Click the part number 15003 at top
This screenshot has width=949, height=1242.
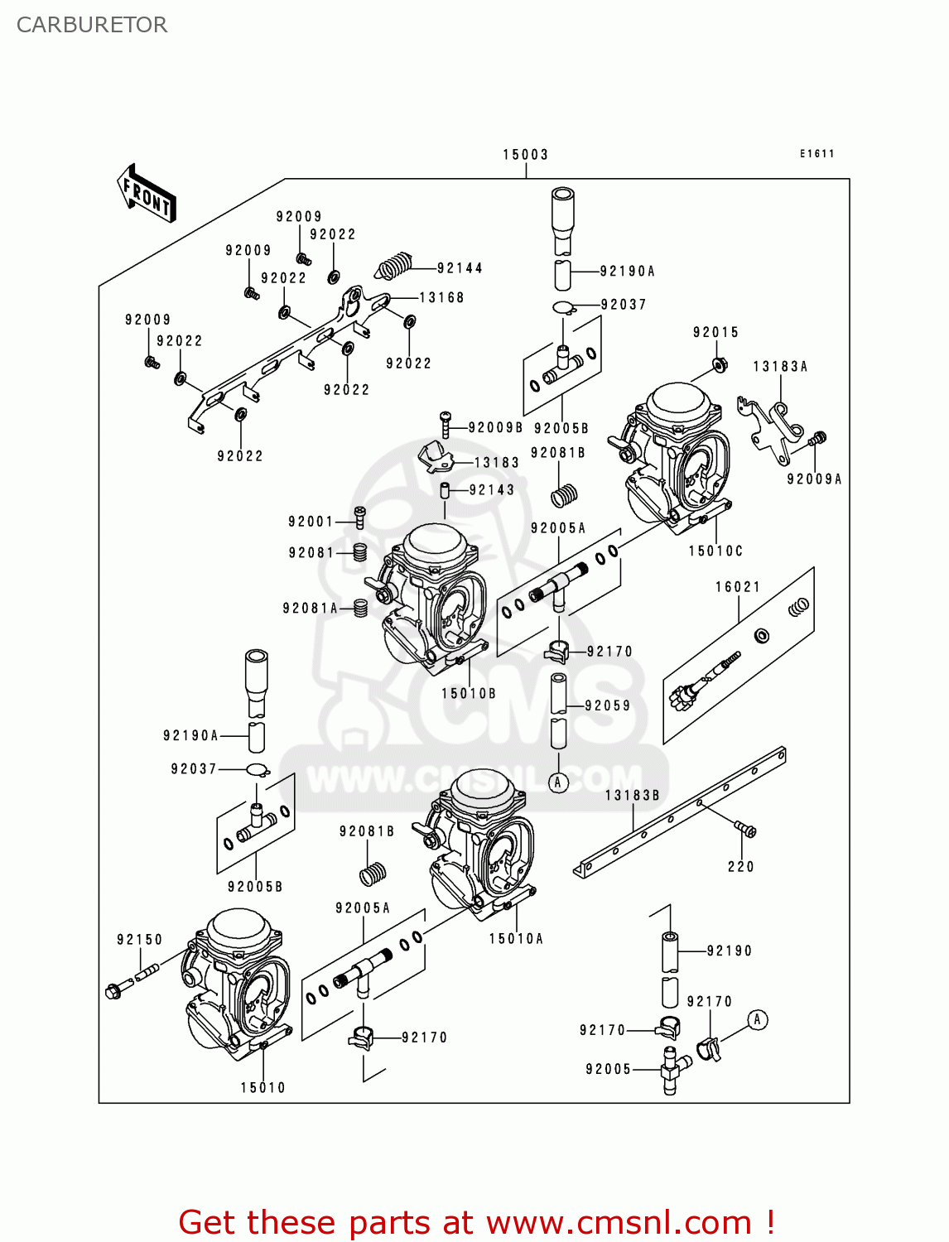(x=525, y=155)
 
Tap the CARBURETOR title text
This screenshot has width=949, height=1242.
(x=92, y=25)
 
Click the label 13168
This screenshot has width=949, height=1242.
(x=441, y=298)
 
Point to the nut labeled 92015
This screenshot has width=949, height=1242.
(x=720, y=364)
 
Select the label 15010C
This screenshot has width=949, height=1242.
(x=715, y=551)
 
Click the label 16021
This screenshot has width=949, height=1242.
(x=738, y=587)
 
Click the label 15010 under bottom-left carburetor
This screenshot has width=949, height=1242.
(x=263, y=1088)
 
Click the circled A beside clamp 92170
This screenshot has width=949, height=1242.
(x=757, y=1020)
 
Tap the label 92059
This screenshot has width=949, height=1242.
(x=607, y=706)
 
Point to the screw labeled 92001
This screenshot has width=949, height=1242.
(x=359, y=517)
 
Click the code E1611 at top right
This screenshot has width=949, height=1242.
(x=817, y=154)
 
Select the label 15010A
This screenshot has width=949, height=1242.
(x=516, y=939)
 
